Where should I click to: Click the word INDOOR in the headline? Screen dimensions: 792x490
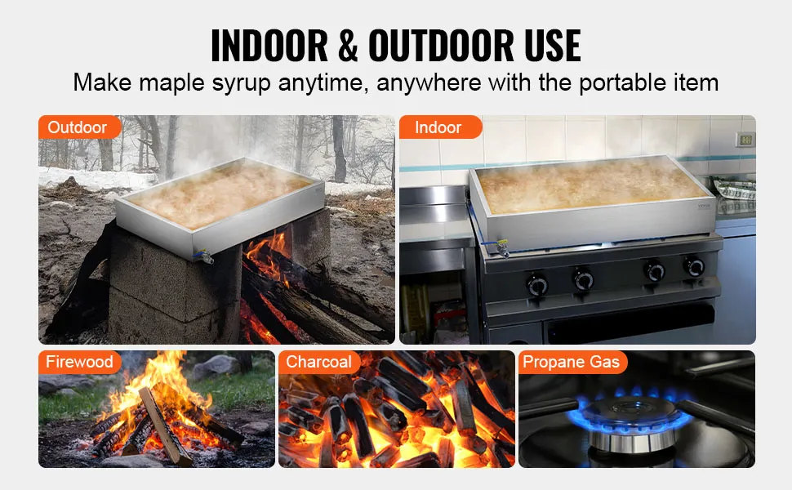269,46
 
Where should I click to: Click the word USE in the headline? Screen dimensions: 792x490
553,46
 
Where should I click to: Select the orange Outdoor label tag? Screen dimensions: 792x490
79,127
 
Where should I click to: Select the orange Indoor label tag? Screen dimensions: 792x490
440,127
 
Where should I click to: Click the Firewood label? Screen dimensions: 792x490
79,363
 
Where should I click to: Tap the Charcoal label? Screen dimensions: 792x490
319,363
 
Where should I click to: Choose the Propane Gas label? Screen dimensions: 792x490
572,363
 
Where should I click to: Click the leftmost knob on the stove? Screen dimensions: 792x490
536,285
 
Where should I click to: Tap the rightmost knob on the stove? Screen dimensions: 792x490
693,266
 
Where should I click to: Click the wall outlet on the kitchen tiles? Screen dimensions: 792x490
745,139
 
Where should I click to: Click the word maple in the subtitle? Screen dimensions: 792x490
171,83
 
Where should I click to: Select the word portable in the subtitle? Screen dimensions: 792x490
623,83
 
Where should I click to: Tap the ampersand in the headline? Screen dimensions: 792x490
348,46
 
